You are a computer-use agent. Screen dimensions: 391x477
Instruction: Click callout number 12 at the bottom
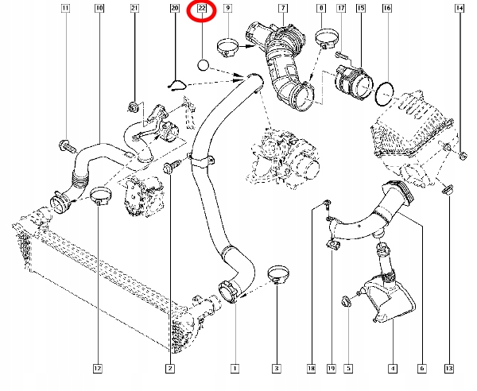click(x=97, y=368)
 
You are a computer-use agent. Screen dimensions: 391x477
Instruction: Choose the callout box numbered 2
click(x=170, y=368)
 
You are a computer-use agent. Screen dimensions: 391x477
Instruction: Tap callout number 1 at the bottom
click(x=235, y=368)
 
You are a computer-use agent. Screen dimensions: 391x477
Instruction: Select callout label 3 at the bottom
click(x=276, y=368)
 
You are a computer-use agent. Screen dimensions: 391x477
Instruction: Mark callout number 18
click(x=312, y=368)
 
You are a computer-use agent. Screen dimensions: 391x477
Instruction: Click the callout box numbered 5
click(x=348, y=368)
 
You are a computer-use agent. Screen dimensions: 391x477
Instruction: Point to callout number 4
click(x=392, y=368)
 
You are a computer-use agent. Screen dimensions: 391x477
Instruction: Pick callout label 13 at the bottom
click(x=449, y=368)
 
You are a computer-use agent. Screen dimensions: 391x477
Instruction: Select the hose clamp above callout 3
click(x=278, y=275)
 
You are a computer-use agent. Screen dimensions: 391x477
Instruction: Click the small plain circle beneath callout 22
click(x=203, y=64)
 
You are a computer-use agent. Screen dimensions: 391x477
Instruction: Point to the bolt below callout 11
click(x=65, y=145)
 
